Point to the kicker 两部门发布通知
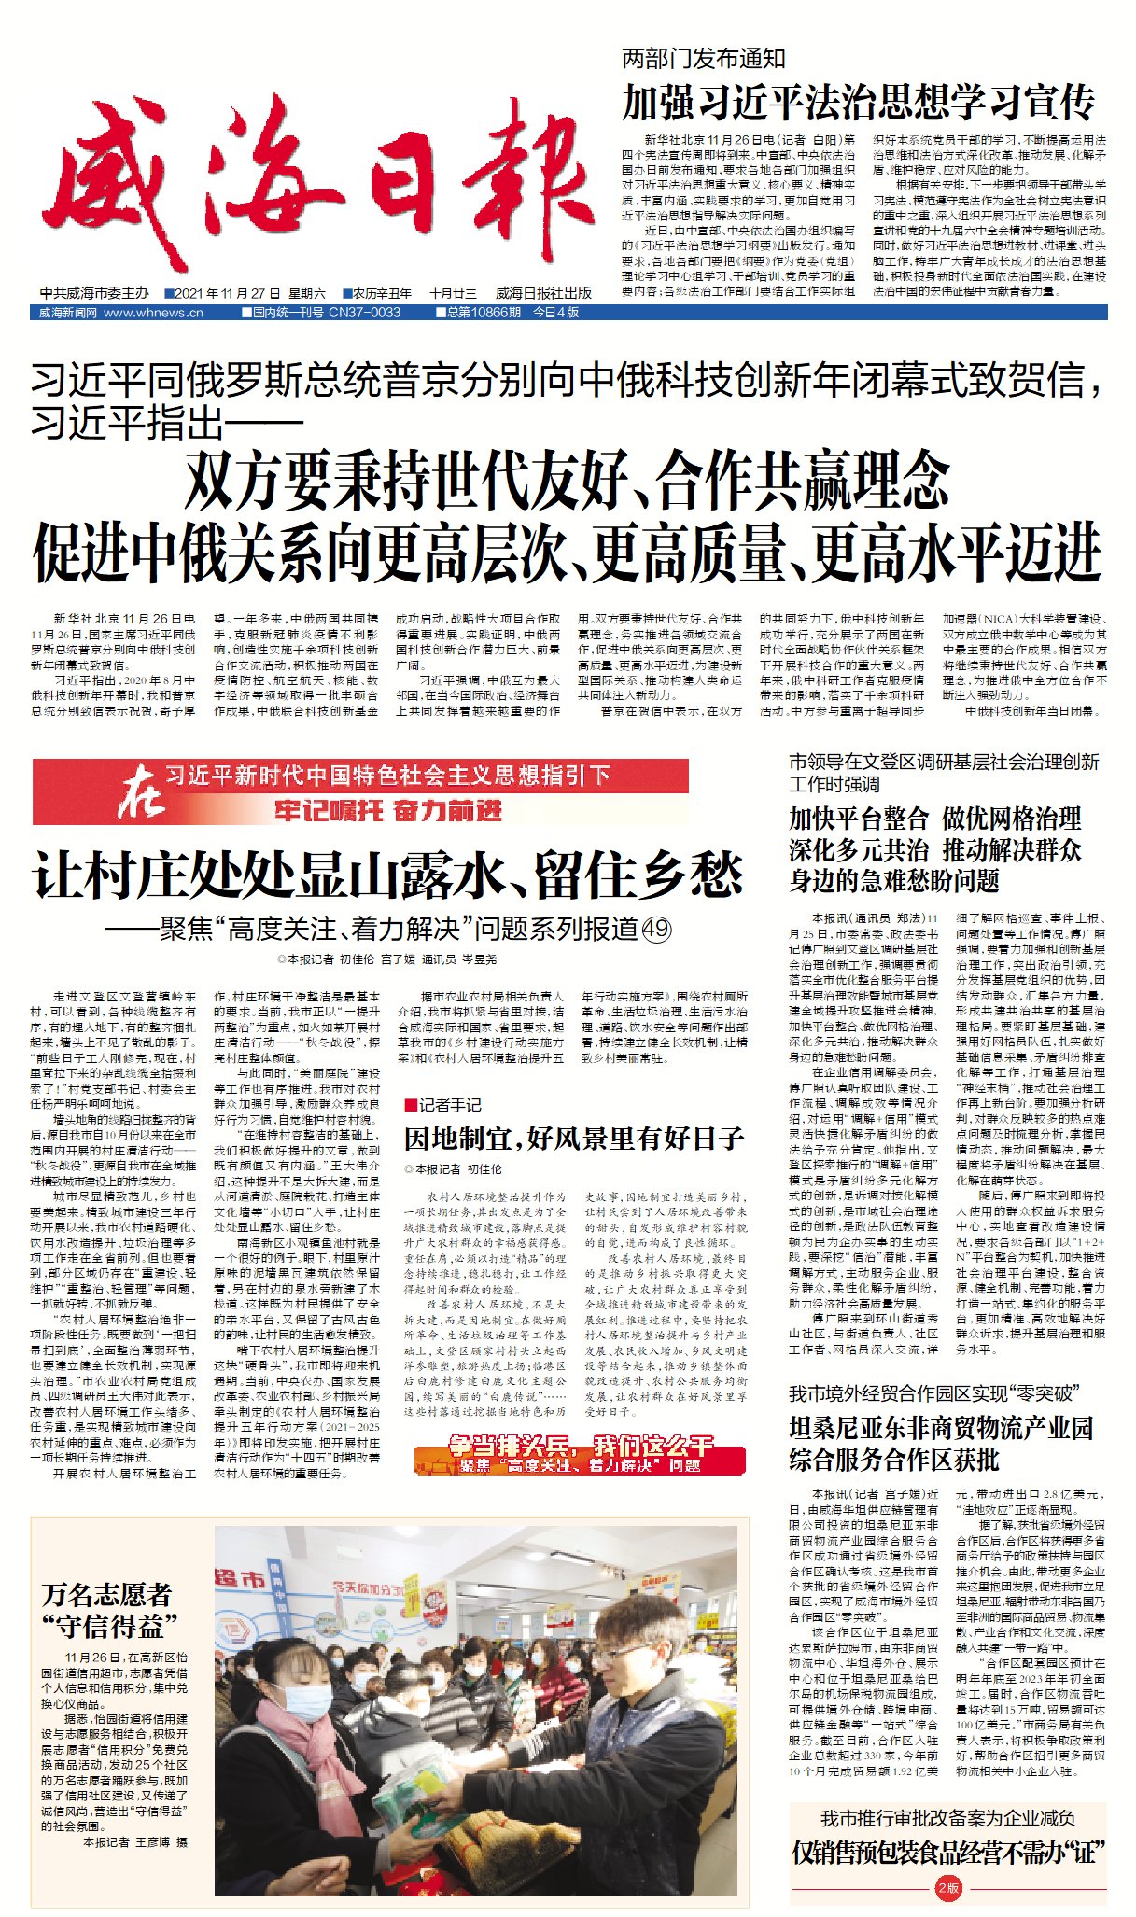click(x=704, y=60)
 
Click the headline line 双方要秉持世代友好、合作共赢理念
click(x=567, y=480)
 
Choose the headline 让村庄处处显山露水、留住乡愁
click(x=388, y=875)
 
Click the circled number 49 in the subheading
click(x=656, y=929)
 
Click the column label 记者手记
click(x=448, y=1105)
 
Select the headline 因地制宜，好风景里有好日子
click(x=574, y=1139)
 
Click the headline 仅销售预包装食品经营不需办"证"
click(x=947, y=1853)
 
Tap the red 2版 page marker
click(x=948, y=1888)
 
